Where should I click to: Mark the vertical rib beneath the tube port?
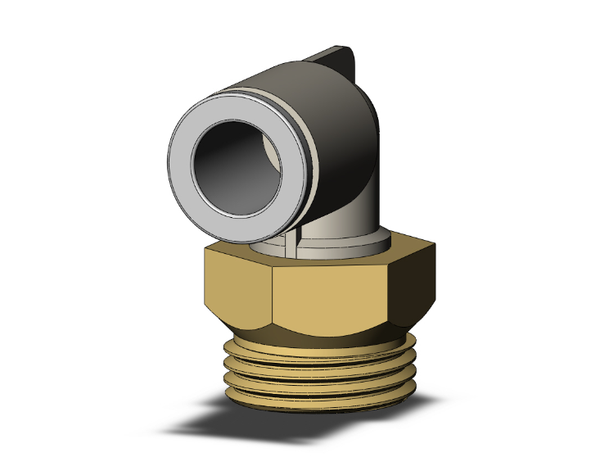click(293, 238)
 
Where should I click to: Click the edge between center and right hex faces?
click(386, 295)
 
